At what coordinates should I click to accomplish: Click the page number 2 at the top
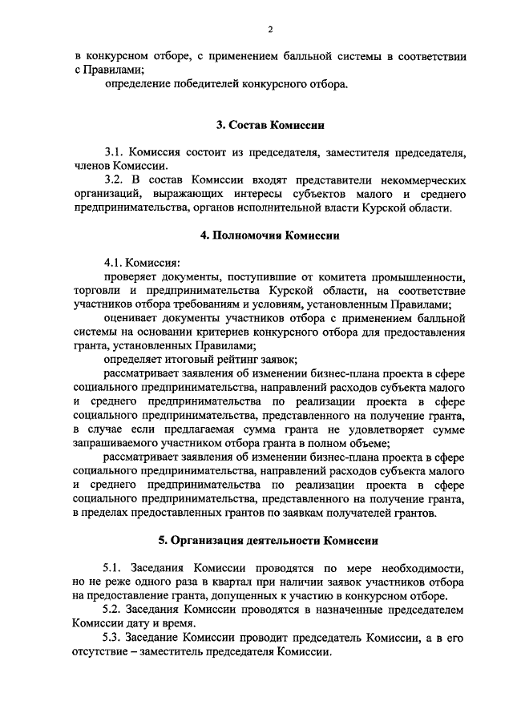270,30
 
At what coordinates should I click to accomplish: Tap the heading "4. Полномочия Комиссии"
270,236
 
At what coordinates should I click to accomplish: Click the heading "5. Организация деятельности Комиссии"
270,541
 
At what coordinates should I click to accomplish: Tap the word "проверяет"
128,277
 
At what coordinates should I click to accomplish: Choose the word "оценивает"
129,319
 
